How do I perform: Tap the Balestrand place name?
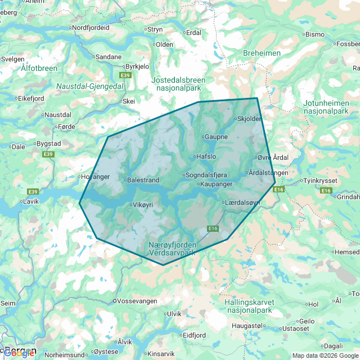(x=143, y=180)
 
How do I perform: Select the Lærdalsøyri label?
(x=243, y=202)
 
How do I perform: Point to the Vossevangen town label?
(x=136, y=301)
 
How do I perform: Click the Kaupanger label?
(x=216, y=184)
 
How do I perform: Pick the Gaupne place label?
(x=217, y=137)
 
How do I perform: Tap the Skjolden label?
(x=249, y=119)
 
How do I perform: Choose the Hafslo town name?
(x=205, y=156)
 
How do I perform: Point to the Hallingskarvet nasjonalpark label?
(x=248, y=306)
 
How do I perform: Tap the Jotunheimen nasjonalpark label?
(x=327, y=107)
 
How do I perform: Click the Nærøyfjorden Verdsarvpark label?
(x=173, y=249)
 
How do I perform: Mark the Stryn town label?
(x=154, y=29)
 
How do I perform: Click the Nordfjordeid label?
(x=91, y=27)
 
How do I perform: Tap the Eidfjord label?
(x=195, y=335)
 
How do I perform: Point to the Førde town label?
(x=66, y=127)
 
